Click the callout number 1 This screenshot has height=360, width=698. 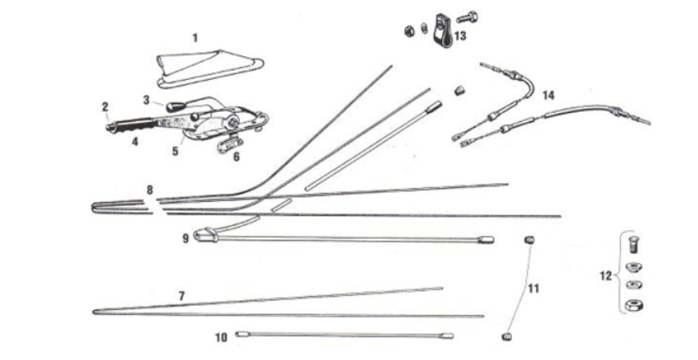[x=195, y=37]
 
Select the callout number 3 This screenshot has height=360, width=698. [x=147, y=100]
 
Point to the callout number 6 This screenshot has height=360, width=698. [x=236, y=157]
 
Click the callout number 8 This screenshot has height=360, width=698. [x=149, y=189]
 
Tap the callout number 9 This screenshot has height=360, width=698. [x=186, y=238]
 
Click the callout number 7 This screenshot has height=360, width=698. [x=181, y=296]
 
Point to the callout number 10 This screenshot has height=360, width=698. [x=222, y=338]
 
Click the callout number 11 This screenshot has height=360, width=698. [x=533, y=287]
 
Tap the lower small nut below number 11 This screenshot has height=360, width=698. [x=506, y=337]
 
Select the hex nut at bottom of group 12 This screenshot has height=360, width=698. [x=633, y=304]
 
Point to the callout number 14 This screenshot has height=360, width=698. [x=548, y=95]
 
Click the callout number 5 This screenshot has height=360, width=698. [x=176, y=150]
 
